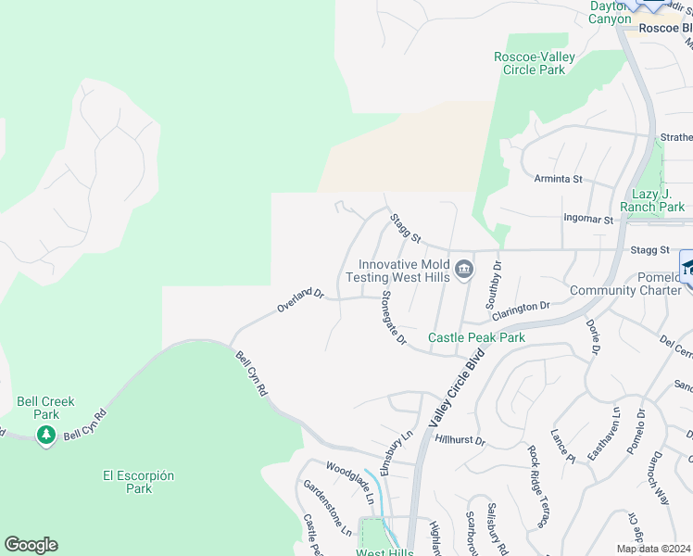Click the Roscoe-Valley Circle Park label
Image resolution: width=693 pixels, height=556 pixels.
tap(534, 63)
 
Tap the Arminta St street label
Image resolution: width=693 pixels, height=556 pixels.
tap(558, 178)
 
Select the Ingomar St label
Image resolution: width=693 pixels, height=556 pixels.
tap(588, 220)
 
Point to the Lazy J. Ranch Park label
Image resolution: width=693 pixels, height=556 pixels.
tap(658, 200)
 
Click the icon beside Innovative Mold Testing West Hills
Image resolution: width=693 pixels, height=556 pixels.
tap(464, 270)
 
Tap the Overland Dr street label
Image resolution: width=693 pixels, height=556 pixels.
tap(300, 300)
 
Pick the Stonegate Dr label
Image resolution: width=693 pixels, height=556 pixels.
tap(395, 319)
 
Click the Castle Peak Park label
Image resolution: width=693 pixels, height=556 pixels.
tap(476, 337)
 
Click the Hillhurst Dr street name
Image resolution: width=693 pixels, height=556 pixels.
tap(460, 441)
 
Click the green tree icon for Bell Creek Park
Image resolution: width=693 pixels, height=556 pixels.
tap(45, 435)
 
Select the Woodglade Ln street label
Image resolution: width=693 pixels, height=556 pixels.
tap(350, 482)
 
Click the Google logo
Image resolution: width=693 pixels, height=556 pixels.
tap(31, 545)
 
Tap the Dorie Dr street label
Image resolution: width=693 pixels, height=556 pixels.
tap(593, 336)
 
